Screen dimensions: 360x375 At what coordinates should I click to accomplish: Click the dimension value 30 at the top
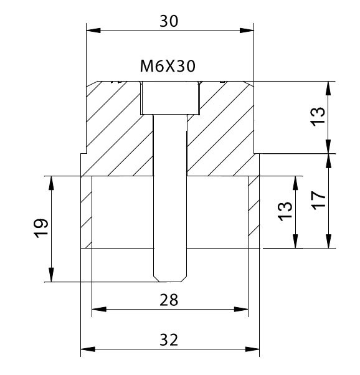[x=169, y=21]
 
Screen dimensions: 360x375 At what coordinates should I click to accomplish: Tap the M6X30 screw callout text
[x=168, y=66]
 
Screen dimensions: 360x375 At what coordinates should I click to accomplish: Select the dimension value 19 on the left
[x=42, y=229]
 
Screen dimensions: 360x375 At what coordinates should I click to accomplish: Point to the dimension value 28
[x=169, y=300]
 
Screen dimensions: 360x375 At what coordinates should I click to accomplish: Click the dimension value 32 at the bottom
[x=169, y=340]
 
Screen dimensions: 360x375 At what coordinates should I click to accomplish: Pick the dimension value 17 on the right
[x=319, y=201]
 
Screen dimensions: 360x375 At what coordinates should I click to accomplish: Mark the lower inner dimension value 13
[x=285, y=211]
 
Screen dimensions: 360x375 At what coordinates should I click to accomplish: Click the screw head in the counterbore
[x=170, y=98]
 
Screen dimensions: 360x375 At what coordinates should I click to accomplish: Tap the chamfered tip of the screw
[x=170, y=278]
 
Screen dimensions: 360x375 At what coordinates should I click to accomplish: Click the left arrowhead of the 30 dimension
[x=93, y=31]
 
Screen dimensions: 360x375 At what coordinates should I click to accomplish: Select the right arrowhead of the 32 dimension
[x=252, y=349]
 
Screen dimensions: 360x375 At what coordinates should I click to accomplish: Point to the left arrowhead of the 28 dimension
[x=99, y=309]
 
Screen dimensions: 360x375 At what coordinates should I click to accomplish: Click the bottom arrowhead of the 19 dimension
[x=51, y=275]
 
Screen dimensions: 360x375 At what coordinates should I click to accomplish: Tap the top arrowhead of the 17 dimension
[x=329, y=161]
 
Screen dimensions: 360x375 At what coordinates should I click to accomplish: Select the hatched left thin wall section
[x=87, y=212]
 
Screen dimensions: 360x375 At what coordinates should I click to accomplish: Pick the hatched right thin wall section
[x=253, y=212]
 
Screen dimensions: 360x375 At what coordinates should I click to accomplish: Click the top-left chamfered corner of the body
[x=92, y=84]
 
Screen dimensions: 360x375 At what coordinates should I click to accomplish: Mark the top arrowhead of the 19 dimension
[x=51, y=183]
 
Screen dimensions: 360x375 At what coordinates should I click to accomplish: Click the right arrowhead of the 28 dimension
[x=241, y=309]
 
